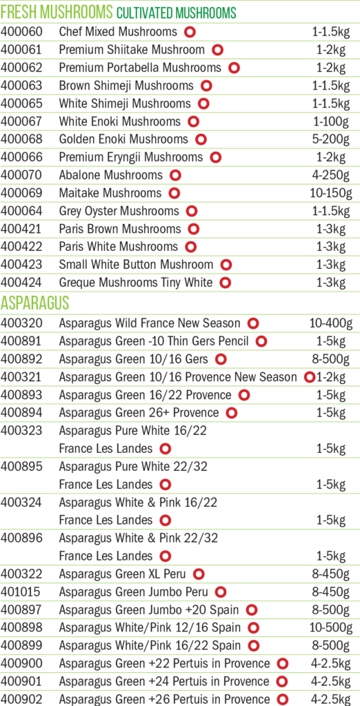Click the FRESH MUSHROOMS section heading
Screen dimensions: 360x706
point(57,12)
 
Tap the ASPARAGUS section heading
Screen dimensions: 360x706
point(34,303)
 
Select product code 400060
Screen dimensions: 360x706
point(21,32)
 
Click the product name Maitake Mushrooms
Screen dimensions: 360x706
point(110,193)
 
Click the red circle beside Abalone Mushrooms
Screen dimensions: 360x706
point(175,175)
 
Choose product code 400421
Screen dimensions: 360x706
point(21,229)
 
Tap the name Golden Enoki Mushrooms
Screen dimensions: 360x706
point(123,139)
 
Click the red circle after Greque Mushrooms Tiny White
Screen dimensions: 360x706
point(226,283)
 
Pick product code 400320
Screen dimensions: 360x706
point(21,323)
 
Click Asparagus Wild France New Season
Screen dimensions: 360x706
point(150,323)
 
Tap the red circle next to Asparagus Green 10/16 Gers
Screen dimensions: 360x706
point(221,359)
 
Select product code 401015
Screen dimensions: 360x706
point(21,592)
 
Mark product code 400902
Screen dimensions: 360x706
point(21,699)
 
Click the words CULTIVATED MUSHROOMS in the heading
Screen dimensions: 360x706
point(176,14)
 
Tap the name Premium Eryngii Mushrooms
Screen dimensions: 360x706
point(131,157)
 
